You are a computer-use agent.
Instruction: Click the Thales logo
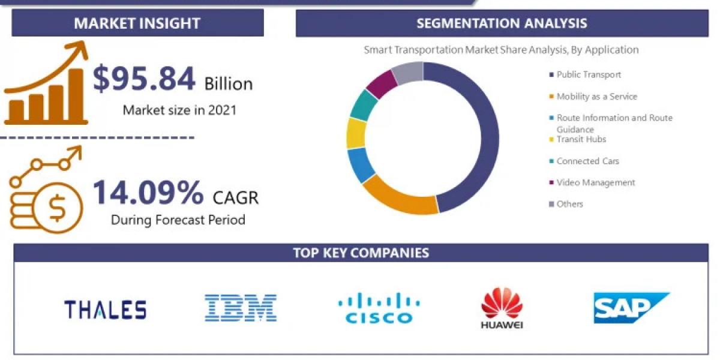[105, 310]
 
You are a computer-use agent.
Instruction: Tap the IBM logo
[240, 308]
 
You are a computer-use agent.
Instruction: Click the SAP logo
[630, 308]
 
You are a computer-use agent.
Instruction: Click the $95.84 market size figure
[144, 80]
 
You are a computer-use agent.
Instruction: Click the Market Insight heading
[137, 23]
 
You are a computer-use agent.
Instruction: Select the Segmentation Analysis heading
[502, 23]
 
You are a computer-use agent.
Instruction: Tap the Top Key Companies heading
[361, 253]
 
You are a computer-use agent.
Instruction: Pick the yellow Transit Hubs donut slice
[356, 133]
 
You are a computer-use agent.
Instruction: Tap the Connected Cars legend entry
[587, 161]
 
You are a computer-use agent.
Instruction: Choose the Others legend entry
[569, 204]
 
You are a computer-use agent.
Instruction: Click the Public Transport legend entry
[588, 74]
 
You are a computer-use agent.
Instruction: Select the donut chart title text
[501, 50]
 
